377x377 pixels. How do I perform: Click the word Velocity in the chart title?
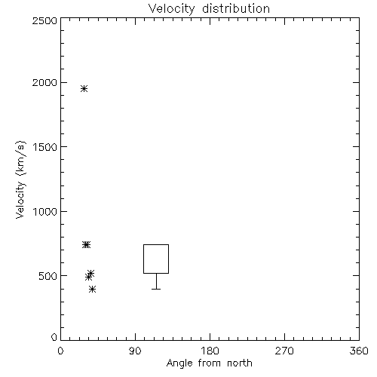coord(172,9)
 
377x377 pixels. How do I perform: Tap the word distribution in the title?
coord(236,8)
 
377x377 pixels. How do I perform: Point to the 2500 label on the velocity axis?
coord(44,20)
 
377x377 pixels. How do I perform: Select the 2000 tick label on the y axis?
coord(44,82)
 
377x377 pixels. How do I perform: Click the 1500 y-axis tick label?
coord(45,147)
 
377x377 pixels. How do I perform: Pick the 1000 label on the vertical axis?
coord(45,211)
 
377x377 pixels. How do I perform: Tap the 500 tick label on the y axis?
coord(48,276)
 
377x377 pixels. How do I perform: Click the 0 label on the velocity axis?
coord(54,337)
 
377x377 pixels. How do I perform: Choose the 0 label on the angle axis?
coord(60,351)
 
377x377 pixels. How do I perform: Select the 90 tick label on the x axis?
coord(135,351)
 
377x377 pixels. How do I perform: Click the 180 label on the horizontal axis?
coord(210,351)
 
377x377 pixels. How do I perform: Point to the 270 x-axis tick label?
coord(284,351)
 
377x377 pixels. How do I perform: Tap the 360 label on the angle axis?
coord(359,351)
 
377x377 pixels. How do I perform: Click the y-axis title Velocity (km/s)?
coord(20,179)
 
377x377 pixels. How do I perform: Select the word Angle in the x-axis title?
coord(179,363)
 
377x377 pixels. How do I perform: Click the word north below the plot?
coord(240,363)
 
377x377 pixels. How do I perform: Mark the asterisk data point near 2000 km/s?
coord(84,89)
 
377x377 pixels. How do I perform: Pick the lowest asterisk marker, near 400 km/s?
coord(92,289)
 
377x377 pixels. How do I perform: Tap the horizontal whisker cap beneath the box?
coord(156,289)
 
